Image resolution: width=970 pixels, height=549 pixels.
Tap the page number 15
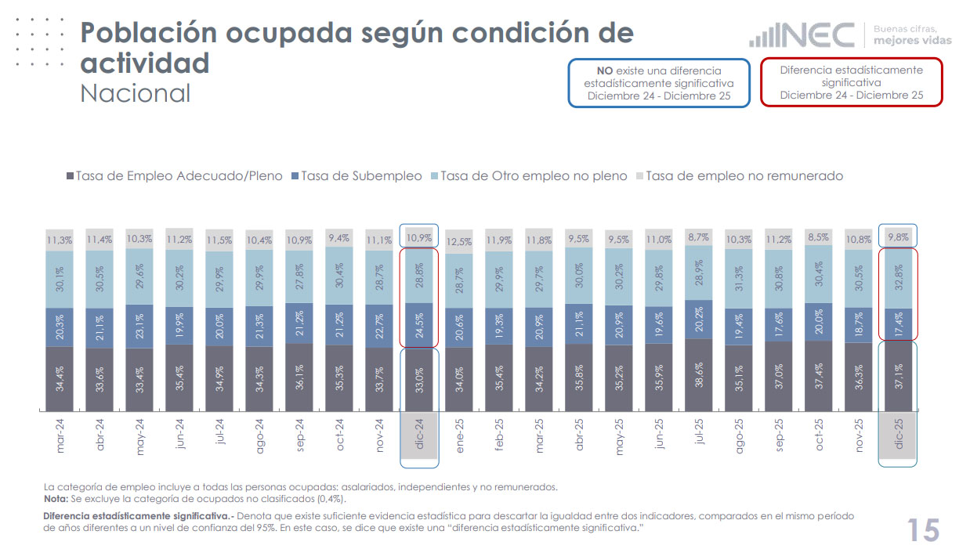(923, 530)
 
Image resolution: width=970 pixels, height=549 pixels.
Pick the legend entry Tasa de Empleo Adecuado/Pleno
(174, 176)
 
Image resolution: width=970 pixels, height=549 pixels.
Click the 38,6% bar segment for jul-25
(698, 374)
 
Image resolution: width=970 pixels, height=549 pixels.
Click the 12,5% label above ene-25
(458, 240)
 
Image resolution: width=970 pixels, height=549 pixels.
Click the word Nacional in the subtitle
(135, 93)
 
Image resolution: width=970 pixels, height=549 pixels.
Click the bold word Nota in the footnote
(55, 499)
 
